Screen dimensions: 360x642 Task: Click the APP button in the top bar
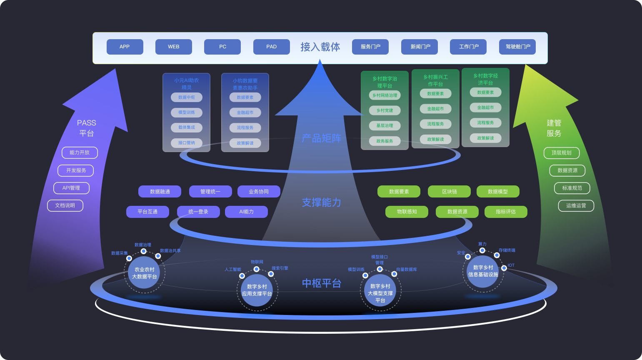(x=125, y=47)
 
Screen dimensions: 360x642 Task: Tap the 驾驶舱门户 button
(x=517, y=47)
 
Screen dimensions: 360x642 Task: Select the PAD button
(x=271, y=47)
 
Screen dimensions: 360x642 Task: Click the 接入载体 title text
(x=320, y=47)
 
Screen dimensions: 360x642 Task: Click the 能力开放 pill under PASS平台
(x=80, y=152)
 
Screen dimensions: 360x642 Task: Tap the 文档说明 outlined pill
(x=65, y=205)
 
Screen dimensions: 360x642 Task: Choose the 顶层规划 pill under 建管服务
(x=561, y=153)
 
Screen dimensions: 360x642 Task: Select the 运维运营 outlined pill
(x=576, y=205)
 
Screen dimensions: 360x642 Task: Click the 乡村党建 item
(x=385, y=110)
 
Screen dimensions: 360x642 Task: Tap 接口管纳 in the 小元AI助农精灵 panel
(x=187, y=143)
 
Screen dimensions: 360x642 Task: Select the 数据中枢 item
(x=187, y=97)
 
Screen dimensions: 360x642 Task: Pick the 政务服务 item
(x=385, y=141)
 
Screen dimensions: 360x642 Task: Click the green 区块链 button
(x=449, y=192)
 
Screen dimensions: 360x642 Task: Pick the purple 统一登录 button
(x=198, y=212)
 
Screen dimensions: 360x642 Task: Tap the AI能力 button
(x=246, y=212)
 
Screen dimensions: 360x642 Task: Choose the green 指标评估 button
(x=506, y=212)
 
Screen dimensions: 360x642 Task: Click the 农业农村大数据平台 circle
(x=144, y=273)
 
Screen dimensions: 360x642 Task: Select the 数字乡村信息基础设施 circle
(x=483, y=271)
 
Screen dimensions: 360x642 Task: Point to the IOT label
(x=511, y=265)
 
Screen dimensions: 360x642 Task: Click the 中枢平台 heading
(x=322, y=283)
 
